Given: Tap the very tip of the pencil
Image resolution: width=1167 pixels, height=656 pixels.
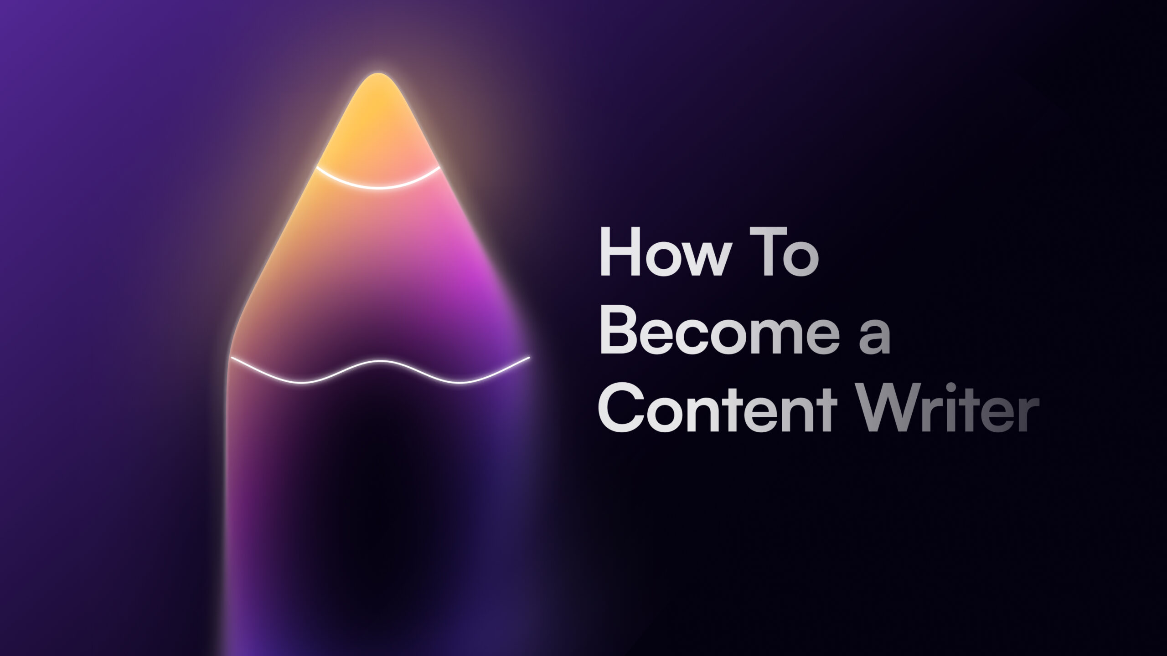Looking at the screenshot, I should click(377, 74).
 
